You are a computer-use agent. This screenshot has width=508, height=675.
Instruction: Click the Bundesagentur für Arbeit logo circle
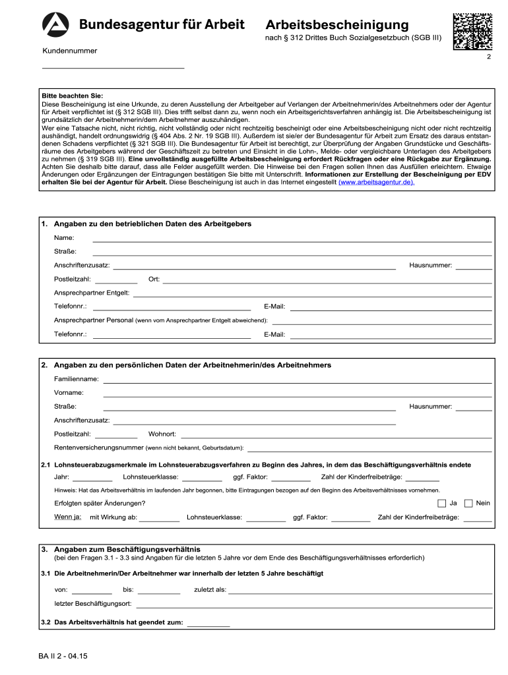tap(55, 25)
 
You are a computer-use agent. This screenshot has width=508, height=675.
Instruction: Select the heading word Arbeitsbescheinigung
tap(337, 25)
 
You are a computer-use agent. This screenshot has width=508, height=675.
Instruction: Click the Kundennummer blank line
tap(113, 67)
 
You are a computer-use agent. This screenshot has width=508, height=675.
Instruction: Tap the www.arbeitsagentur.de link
tap(376, 182)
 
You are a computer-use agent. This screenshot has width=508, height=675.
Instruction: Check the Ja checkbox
tap(441, 503)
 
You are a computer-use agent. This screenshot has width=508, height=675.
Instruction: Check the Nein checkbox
tap(468, 503)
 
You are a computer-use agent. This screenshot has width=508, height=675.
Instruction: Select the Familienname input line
tap(297, 382)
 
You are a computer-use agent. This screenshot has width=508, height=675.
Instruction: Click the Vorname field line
tap(297, 396)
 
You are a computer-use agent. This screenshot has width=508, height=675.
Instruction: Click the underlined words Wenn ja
tap(67, 517)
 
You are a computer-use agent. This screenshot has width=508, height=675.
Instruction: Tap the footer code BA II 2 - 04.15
tap(63, 657)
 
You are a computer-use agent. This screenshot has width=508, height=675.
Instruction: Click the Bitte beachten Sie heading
tap(72, 96)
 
